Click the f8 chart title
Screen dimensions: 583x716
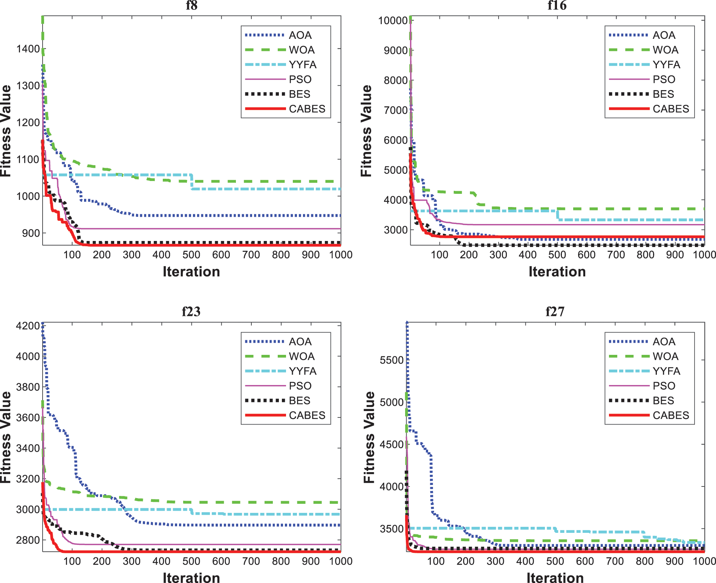point(191,5)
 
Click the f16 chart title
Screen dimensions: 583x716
point(557,5)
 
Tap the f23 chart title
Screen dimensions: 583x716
point(191,311)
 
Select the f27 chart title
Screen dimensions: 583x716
point(555,311)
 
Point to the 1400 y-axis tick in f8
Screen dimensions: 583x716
point(28,49)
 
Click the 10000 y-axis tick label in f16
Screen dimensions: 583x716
point(393,20)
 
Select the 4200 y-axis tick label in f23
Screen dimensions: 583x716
point(28,326)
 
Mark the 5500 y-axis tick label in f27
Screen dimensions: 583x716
point(392,360)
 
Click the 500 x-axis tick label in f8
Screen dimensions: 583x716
point(191,255)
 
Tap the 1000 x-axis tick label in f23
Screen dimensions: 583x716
point(340,561)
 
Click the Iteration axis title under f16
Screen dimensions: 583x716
point(557,272)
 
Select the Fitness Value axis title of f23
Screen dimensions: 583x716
point(6,437)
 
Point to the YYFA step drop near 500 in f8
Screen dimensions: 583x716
point(192,182)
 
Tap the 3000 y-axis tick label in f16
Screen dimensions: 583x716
point(395,230)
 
